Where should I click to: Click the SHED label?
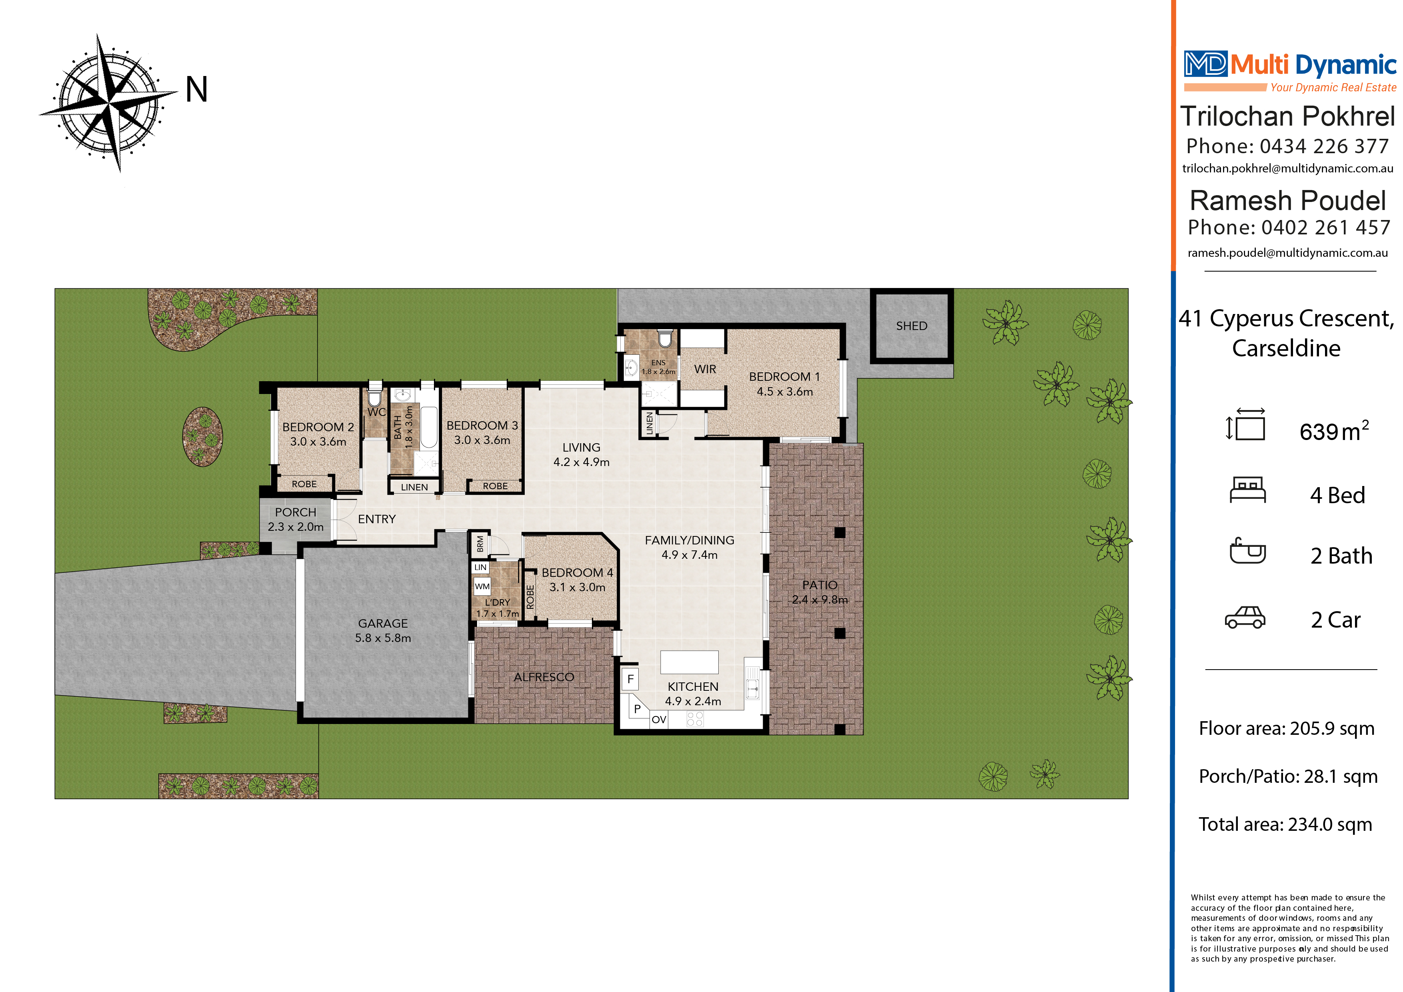(911, 326)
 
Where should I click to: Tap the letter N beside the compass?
(197, 90)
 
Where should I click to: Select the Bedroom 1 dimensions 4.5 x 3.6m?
(785, 392)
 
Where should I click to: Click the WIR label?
(705, 369)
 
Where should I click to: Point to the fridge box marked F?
(630, 679)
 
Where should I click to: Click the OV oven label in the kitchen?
(658, 719)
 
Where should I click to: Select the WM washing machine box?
(482, 586)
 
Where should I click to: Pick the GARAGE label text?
(382, 624)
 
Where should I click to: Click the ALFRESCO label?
(544, 677)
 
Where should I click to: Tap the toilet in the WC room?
(374, 398)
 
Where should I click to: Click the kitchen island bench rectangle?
(689, 662)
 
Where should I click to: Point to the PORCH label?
(295, 512)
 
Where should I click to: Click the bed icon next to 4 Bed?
(1247, 490)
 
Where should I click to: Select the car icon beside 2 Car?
(1245, 618)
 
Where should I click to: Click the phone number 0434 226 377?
(1324, 147)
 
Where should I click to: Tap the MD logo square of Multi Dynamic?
(1205, 64)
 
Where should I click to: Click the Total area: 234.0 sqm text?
(1285, 824)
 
